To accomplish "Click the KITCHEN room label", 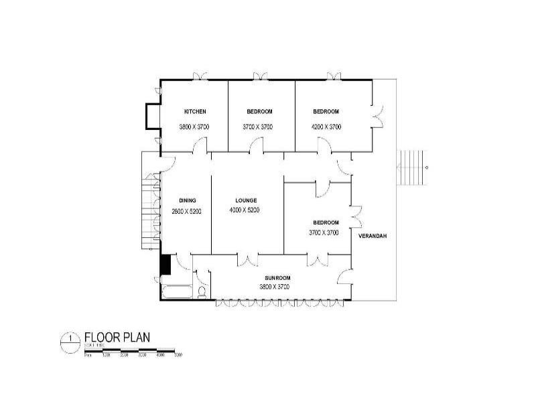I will tap(195, 111).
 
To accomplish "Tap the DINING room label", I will tap(186, 200).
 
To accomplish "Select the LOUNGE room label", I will tap(246, 200).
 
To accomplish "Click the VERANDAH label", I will tap(374, 237).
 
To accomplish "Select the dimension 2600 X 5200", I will tap(186, 211).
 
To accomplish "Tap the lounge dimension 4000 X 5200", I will tap(246, 211).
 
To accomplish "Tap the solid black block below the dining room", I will tap(165, 265).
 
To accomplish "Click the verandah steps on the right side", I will tap(409, 167).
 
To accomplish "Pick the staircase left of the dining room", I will tap(150, 208).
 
